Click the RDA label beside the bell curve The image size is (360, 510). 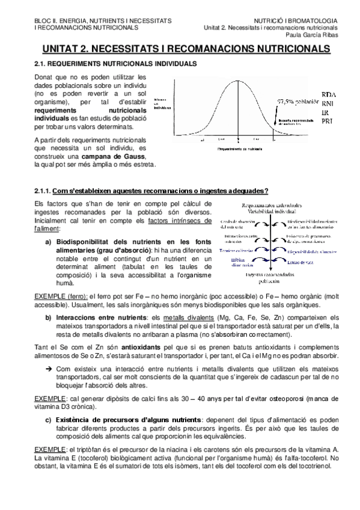pos(329,95)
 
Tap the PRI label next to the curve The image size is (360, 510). pos(328,122)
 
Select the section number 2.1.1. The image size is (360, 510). pos(43,191)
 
